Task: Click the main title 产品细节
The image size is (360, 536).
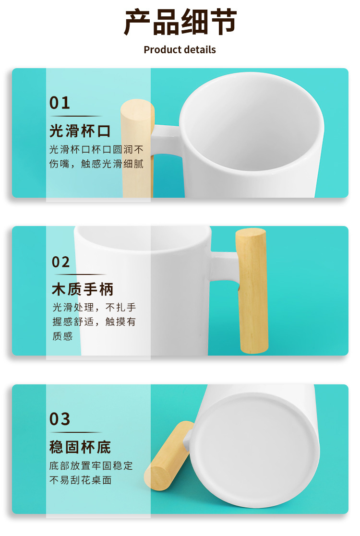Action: click(x=180, y=23)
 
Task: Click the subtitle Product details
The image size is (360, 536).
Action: click(x=180, y=50)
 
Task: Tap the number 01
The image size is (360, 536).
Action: click(x=60, y=103)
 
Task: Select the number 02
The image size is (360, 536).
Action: click(x=61, y=262)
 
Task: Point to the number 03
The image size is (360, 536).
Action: click(x=60, y=419)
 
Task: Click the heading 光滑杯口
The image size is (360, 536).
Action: click(x=80, y=131)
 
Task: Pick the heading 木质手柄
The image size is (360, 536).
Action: click(x=83, y=290)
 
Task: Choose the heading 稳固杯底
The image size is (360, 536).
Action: click(x=80, y=447)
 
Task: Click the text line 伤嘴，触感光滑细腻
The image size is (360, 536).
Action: click(x=96, y=164)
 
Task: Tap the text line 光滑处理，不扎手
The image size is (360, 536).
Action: click(x=95, y=308)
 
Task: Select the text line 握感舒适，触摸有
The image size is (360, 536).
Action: click(x=95, y=322)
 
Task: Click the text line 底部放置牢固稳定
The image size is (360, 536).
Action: click(x=91, y=466)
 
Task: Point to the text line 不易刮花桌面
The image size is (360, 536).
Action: click(x=81, y=480)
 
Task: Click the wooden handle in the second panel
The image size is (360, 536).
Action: click(x=252, y=293)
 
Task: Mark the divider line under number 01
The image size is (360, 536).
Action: click(x=76, y=116)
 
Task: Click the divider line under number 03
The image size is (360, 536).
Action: click(x=76, y=432)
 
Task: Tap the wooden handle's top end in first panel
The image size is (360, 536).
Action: click(x=137, y=110)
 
